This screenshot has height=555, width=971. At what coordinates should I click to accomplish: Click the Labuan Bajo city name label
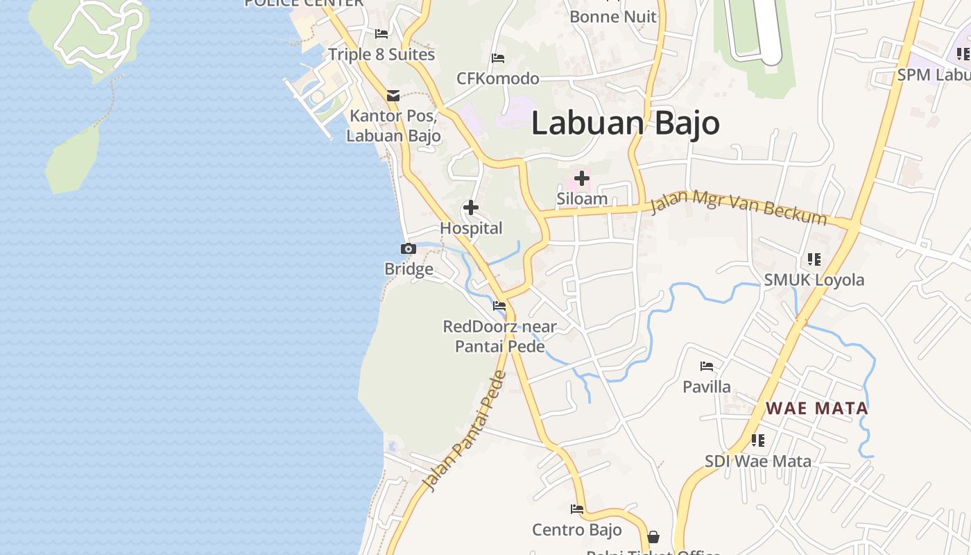click(626, 123)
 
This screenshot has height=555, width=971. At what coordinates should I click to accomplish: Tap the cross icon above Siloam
click(582, 179)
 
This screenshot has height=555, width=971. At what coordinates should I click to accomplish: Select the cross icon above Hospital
click(471, 207)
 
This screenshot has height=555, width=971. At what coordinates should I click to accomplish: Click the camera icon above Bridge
click(409, 249)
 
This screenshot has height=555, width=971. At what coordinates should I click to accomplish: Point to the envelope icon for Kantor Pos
click(393, 96)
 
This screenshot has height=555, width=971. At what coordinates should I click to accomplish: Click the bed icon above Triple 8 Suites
click(381, 33)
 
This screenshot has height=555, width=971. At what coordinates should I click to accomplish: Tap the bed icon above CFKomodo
click(498, 58)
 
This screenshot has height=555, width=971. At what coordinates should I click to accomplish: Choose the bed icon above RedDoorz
click(499, 306)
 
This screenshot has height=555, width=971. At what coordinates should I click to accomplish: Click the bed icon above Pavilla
click(707, 366)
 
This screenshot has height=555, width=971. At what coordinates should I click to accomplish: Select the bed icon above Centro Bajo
click(577, 509)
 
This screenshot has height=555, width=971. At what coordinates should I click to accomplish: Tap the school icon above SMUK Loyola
click(814, 259)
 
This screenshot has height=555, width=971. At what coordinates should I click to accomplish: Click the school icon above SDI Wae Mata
click(758, 441)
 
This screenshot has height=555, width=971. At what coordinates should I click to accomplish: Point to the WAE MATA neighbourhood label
click(817, 408)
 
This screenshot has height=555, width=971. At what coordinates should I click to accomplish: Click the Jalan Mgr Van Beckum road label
click(739, 207)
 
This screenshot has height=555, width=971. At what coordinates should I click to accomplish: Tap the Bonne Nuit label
click(613, 16)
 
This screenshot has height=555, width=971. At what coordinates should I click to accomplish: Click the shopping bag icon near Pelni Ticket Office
click(653, 537)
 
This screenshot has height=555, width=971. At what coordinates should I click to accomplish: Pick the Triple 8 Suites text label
click(381, 54)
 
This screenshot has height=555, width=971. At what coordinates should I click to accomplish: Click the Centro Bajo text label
click(577, 530)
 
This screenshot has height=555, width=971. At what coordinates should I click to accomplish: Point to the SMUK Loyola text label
click(814, 280)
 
